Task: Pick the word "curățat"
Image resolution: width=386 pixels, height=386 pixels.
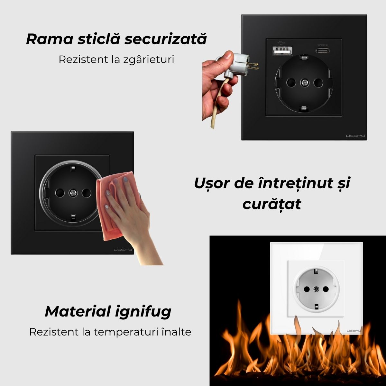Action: [272, 204]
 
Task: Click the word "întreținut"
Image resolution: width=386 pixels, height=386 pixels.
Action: [296, 183]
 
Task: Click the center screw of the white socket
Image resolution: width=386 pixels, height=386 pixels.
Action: [316, 289]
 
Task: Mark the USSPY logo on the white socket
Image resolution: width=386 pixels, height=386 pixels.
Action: [354, 331]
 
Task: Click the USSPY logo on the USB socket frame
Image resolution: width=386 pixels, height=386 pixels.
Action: [355, 136]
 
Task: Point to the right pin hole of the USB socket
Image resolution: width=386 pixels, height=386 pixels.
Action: [318, 83]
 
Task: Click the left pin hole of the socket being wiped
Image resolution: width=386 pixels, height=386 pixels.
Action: [59, 193]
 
